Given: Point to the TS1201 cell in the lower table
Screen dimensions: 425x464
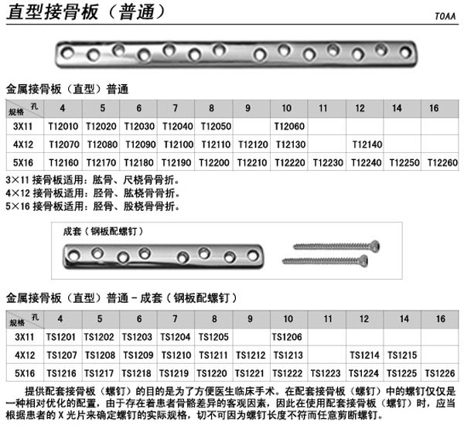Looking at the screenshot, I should tap(61, 337).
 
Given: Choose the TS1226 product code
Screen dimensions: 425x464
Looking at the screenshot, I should tap(441, 372).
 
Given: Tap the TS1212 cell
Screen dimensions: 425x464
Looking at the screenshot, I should tap(249, 355).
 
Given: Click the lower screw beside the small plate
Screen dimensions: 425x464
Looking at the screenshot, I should tap(331, 260).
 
